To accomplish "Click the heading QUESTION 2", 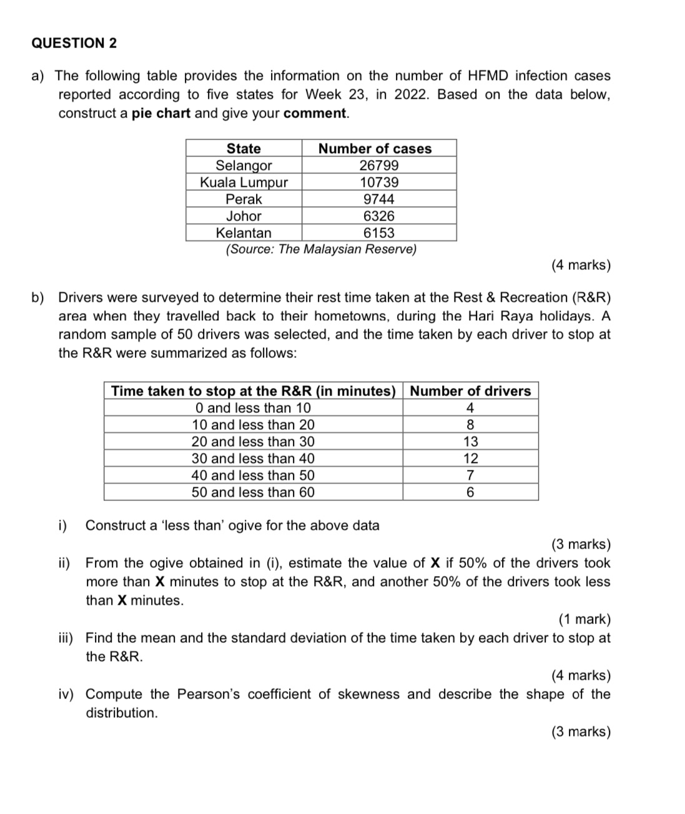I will (74, 43).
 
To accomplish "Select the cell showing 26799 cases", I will (378, 166).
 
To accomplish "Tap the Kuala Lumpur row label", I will (244, 182).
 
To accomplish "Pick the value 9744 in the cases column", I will (378, 199).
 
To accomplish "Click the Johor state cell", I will (244, 216).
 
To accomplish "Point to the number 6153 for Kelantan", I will (378, 233).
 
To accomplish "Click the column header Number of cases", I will (375, 149).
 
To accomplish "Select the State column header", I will (244, 149).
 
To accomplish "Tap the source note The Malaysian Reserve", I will (321, 249).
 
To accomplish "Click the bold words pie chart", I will (161, 114).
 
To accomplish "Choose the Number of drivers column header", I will (470, 391).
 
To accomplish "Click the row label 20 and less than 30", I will (253, 442).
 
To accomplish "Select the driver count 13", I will (470, 442).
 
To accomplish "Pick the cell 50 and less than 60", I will (253, 492).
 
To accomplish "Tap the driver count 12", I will (470, 459).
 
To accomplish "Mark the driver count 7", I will (470, 475).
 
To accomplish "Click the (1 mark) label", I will (584, 619).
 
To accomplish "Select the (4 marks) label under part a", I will (581, 265).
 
